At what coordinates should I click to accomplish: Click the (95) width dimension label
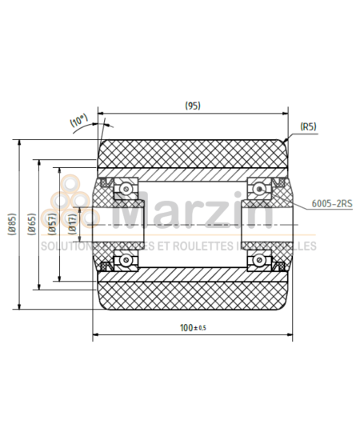point(192,105)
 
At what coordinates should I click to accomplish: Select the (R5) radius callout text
point(309,126)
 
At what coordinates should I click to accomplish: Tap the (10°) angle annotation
point(78,122)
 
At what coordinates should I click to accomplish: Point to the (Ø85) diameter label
point(10,225)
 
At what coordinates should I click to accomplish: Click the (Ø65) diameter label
point(30,225)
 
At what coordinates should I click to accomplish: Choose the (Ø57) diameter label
point(51,225)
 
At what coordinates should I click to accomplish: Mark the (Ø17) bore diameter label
point(72,225)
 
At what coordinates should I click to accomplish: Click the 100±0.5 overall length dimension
point(192,328)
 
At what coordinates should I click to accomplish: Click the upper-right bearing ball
point(259,189)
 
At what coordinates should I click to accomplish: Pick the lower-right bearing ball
point(259,259)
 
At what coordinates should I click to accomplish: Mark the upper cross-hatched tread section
point(192,154)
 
